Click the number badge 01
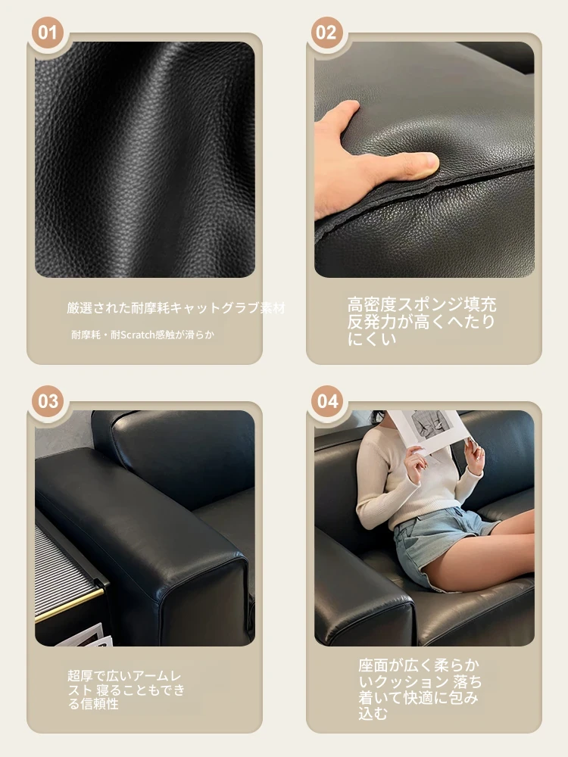(x=47, y=33)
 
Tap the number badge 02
(x=327, y=33)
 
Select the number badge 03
(x=47, y=401)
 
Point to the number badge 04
(x=327, y=401)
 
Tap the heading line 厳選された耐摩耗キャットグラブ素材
(x=176, y=308)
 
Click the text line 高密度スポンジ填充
(x=422, y=304)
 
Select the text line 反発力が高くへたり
(x=421, y=322)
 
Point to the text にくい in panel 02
(x=372, y=338)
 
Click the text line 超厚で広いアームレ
(x=125, y=676)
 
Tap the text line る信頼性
(x=93, y=704)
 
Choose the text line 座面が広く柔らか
(x=419, y=665)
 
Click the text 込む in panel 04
(x=373, y=713)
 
